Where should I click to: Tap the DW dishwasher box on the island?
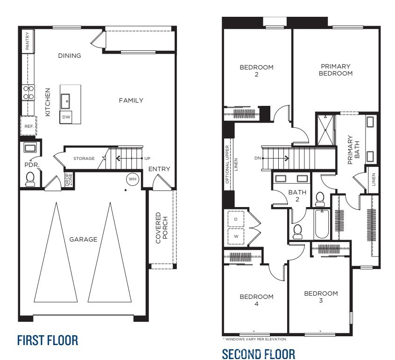coord(66,118)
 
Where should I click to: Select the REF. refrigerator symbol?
coord(28,126)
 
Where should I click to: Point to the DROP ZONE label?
coord(68,180)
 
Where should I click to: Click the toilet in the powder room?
coord(31,179)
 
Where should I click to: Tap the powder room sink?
coord(30,148)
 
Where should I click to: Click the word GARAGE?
coord(83,239)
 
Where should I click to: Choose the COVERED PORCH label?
coord(161,228)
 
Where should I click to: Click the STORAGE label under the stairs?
coord(84,159)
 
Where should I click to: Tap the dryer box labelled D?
coord(235,219)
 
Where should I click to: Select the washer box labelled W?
coord(235,236)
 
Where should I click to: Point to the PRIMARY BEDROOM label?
coord(336,70)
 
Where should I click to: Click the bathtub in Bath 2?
coord(321,225)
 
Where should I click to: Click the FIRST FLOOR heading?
coord(47,340)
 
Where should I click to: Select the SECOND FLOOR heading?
coord(258,354)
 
